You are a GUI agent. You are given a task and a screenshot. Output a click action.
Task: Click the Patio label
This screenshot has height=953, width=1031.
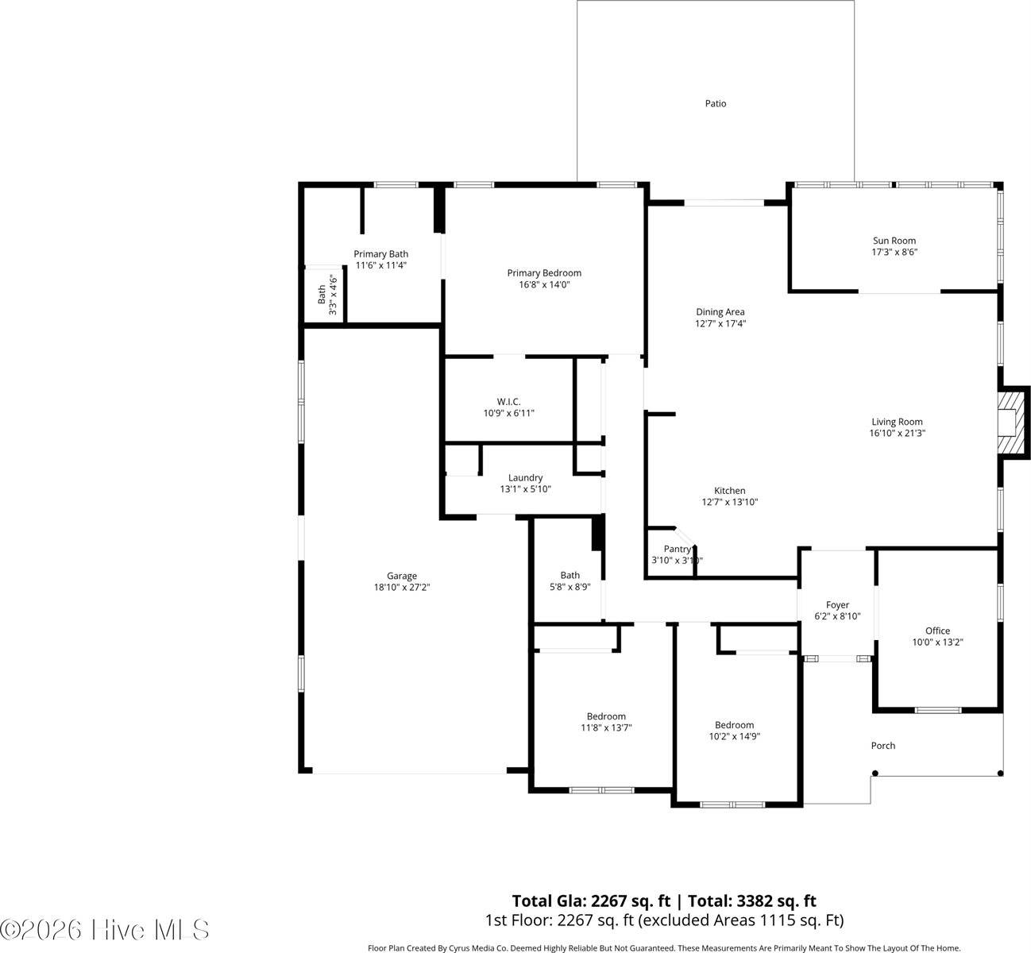(x=715, y=103)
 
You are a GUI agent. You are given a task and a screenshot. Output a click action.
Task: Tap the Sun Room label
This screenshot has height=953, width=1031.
(x=894, y=241)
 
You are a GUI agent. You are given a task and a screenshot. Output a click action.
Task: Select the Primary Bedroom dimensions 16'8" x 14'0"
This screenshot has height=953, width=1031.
(x=544, y=284)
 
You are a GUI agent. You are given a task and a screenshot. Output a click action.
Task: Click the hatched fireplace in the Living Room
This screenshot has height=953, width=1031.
(x=1010, y=424)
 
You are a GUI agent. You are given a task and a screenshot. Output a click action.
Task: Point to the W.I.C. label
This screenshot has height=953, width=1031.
(x=508, y=402)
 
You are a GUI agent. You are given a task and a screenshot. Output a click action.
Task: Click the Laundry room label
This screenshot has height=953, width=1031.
(x=525, y=477)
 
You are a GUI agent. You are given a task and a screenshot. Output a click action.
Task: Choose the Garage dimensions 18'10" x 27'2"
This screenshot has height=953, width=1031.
(x=401, y=588)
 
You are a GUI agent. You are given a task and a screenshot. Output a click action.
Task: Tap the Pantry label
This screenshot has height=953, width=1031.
(x=677, y=549)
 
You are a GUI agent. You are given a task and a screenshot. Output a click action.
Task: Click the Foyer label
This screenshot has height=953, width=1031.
(x=837, y=604)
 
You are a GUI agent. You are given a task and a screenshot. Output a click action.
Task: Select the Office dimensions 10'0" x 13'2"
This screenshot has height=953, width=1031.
(x=937, y=642)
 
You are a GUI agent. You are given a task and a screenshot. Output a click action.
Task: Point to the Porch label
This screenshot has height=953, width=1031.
(x=882, y=746)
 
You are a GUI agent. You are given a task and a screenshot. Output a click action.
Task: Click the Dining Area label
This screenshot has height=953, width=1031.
(x=720, y=312)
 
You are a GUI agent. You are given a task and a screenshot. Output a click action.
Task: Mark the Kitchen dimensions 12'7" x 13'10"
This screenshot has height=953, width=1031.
(x=729, y=502)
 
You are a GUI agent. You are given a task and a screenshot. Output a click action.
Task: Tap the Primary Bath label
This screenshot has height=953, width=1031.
(x=380, y=254)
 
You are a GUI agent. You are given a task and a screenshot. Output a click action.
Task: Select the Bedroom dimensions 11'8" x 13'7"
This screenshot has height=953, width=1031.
(x=606, y=727)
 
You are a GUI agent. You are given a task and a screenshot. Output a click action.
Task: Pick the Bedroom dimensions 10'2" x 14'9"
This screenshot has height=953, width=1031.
(x=734, y=736)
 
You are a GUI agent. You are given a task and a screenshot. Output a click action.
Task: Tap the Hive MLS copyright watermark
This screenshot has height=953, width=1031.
(x=105, y=929)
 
